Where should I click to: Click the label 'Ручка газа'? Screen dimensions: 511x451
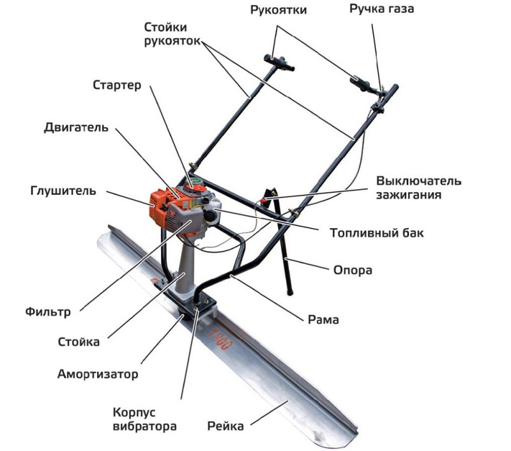(381, 9)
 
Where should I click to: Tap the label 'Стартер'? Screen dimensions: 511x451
(117, 85)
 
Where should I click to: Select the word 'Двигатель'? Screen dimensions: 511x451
(76, 127)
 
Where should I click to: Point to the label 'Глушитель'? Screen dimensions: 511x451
(63, 190)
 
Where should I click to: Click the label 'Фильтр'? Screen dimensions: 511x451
(48, 312)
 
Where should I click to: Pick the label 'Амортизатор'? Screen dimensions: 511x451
(98, 374)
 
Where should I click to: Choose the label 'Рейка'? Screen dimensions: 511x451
(225, 426)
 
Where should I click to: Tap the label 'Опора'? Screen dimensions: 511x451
(353, 270)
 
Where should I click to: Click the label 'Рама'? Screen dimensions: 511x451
(323, 319)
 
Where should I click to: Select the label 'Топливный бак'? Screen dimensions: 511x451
(377, 233)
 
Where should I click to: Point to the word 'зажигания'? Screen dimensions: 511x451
(409, 195)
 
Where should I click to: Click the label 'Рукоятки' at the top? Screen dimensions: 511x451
(278, 10)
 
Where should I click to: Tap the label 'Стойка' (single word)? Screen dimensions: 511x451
(79, 342)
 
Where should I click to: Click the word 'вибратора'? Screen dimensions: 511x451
(145, 427)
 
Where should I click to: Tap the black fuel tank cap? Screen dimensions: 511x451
(210, 216)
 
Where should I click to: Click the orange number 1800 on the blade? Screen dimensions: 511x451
(219, 339)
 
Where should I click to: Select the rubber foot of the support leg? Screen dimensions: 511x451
(289, 293)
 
